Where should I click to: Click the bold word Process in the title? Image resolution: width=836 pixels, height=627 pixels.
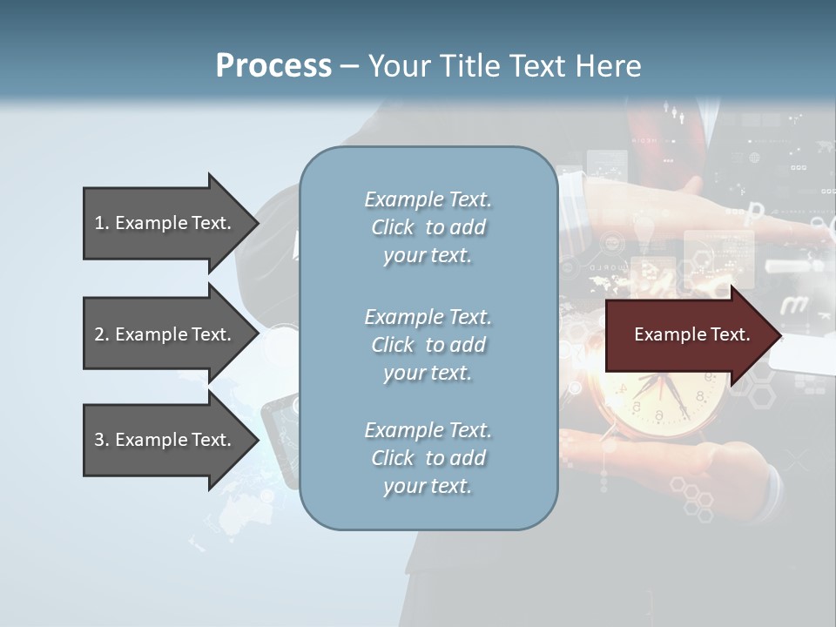click(x=273, y=66)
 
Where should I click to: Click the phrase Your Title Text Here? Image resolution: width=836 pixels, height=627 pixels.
click(x=504, y=66)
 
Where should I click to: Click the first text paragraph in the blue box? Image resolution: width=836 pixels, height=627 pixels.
click(x=428, y=227)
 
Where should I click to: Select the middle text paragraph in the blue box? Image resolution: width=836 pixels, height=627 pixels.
click(x=428, y=345)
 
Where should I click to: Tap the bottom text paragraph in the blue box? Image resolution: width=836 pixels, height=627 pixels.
click(x=428, y=458)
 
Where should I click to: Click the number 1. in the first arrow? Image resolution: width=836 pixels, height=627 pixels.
click(x=101, y=223)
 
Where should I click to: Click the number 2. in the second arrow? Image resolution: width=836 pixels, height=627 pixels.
click(x=101, y=334)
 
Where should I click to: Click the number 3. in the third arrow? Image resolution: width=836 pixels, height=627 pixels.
click(x=101, y=440)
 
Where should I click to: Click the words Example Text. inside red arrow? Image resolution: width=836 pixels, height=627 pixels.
click(x=691, y=334)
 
